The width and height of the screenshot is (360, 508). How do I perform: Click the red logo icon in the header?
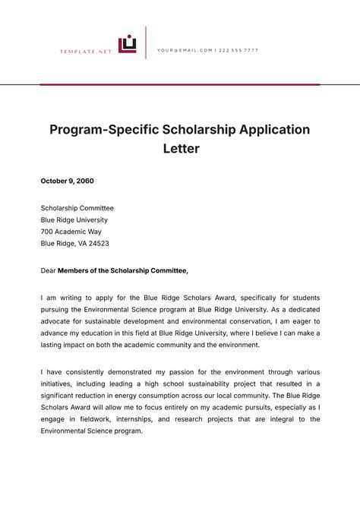click(x=127, y=45)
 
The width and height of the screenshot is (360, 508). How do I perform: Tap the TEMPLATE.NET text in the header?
click(x=86, y=51)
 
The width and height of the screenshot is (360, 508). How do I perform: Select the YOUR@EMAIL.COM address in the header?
click(x=185, y=50)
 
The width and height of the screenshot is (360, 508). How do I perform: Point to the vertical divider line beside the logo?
click(x=146, y=43)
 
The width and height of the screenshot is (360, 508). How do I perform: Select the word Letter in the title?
click(x=180, y=149)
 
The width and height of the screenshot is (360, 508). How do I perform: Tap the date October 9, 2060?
click(x=68, y=181)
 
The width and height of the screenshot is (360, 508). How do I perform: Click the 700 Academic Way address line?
click(x=71, y=232)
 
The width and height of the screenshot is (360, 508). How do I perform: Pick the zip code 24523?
click(x=99, y=244)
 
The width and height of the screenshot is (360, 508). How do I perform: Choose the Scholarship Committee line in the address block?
click(x=77, y=207)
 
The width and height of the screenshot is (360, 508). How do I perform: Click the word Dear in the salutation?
click(x=48, y=270)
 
